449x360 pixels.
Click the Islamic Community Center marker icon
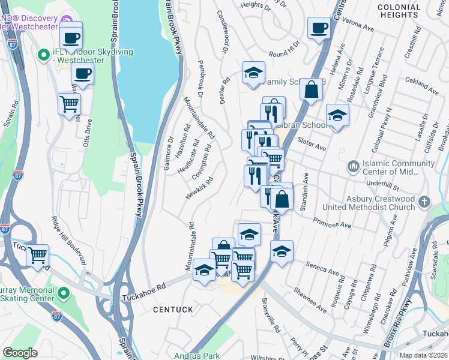coord(354,165)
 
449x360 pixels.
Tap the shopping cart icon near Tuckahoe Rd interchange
coord(38,254)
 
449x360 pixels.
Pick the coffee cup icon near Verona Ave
coord(319,27)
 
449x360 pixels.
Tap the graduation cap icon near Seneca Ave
coord(281,251)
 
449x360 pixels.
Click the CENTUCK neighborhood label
coord(173,310)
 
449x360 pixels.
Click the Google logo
coord(20,352)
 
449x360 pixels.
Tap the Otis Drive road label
coord(89,133)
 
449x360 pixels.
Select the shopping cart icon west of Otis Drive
coord(70,103)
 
